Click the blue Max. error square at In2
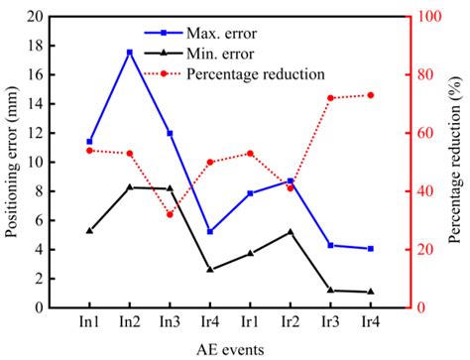[x=129, y=53]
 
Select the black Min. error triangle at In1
[x=89, y=230]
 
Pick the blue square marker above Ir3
[x=330, y=245]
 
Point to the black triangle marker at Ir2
[x=290, y=232]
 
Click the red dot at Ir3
[x=330, y=98]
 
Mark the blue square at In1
[x=89, y=142]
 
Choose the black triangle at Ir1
[x=250, y=253]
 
